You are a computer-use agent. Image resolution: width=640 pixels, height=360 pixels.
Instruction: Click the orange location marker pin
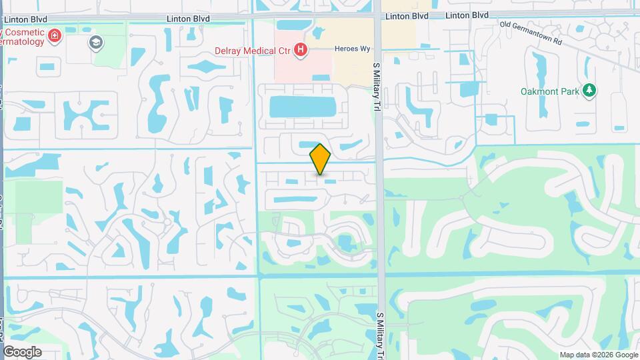click(320, 159)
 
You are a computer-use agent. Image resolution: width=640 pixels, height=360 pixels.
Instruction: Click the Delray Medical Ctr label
click(253, 50)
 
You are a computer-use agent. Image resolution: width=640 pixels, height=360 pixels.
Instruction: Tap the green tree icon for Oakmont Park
click(589, 90)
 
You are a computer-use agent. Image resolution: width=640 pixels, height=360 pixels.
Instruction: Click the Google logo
click(22, 351)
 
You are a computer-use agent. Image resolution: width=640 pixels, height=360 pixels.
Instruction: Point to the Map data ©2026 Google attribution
click(598, 354)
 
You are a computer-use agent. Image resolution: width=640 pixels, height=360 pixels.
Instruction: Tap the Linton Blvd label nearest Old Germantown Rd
click(467, 15)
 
